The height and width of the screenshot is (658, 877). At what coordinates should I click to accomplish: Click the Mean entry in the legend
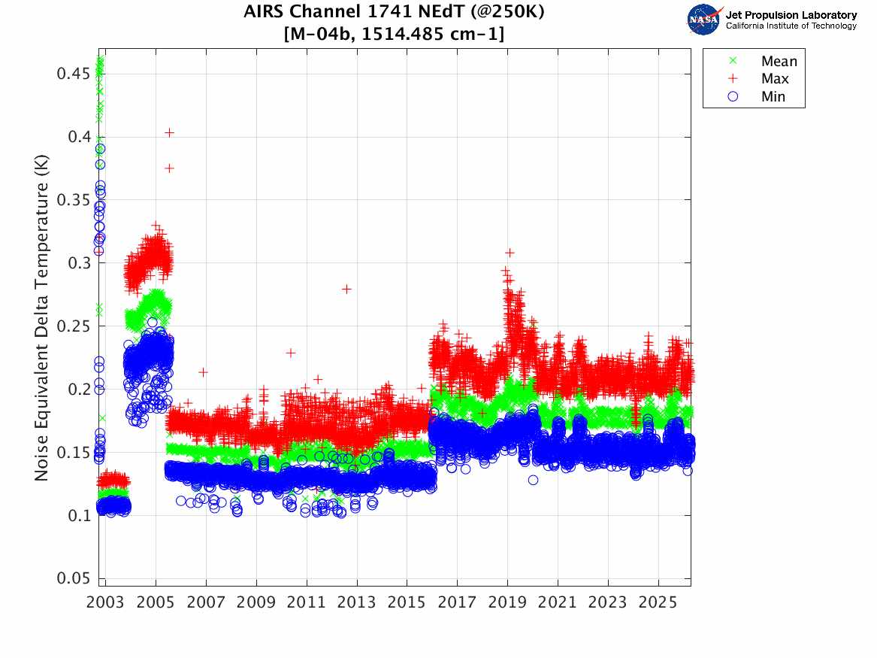click(x=779, y=62)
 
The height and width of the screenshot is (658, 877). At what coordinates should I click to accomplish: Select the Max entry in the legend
click(x=775, y=79)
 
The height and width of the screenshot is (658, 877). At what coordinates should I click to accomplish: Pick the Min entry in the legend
click(x=773, y=96)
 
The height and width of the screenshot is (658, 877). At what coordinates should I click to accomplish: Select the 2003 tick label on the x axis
click(x=106, y=603)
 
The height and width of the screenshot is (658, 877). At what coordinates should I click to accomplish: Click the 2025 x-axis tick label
click(x=658, y=603)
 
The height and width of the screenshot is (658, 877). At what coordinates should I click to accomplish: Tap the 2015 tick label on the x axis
click(x=407, y=603)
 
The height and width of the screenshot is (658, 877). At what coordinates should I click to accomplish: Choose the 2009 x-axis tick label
click(x=257, y=603)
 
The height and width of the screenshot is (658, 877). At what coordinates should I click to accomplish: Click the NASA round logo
click(x=704, y=20)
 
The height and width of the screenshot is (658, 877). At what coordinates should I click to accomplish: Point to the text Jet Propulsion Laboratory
click(x=791, y=15)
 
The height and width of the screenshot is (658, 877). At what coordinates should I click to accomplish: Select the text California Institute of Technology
click(x=791, y=26)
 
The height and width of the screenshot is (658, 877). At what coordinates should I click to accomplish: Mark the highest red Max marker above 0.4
click(x=170, y=132)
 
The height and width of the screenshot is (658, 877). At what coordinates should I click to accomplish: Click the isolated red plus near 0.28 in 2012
click(x=346, y=289)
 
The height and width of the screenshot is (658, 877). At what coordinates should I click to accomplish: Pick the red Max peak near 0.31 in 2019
click(x=510, y=253)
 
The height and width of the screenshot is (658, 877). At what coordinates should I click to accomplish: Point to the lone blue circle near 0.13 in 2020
click(x=533, y=480)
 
